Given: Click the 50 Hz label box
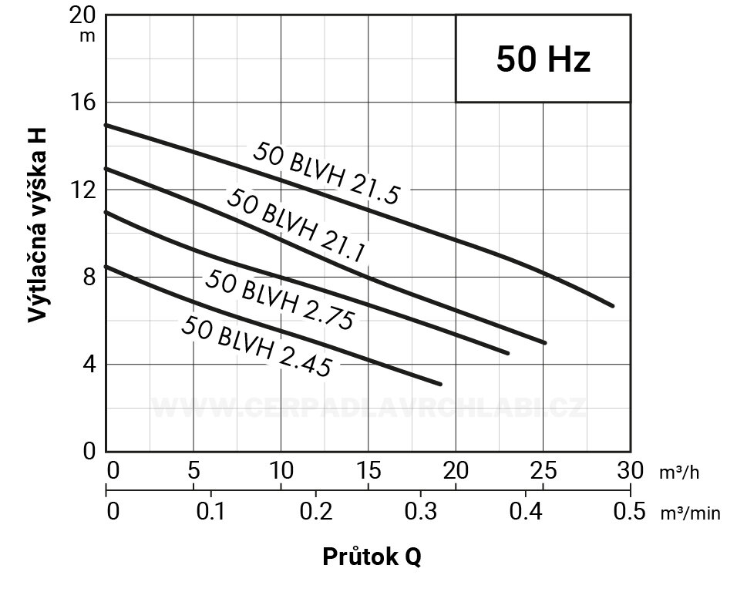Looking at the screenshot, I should click(x=543, y=59).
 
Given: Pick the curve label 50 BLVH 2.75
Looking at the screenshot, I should click(x=279, y=300).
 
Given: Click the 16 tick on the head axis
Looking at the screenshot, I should click(x=85, y=102).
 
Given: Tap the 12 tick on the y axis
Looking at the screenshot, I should click(x=85, y=190).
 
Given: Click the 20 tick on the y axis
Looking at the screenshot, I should click(x=85, y=15).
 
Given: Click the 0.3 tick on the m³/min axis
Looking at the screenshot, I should click(x=420, y=511).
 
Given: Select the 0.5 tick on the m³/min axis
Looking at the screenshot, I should click(x=630, y=511).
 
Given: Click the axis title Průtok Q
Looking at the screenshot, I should click(x=372, y=557).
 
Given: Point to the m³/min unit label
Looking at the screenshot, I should click(x=690, y=513).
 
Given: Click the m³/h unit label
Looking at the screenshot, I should click(x=678, y=472).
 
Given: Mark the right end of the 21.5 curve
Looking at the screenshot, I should click(x=613, y=306).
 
